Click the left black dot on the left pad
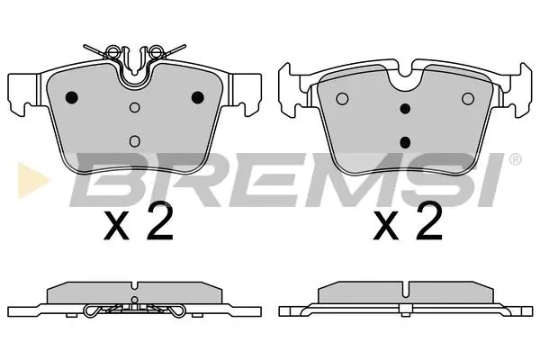(x=72, y=97)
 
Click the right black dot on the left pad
(x=198, y=97)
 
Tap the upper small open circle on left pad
(x=135, y=108)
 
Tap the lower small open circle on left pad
(x=135, y=141)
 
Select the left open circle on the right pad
(x=342, y=99)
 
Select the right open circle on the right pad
(x=468, y=99)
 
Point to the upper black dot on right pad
(x=405, y=109)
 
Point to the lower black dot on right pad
(x=405, y=142)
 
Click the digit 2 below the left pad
(x=159, y=221)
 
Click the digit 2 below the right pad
(x=429, y=221)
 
